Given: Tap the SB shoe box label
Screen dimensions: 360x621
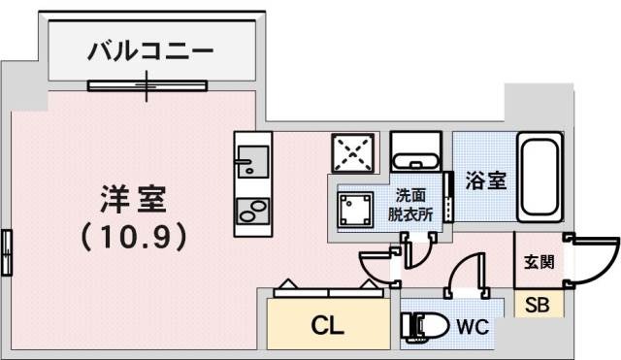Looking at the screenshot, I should (537, 305).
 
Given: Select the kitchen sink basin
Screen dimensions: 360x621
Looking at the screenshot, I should (251, 159).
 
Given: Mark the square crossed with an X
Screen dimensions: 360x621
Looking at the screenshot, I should (352, 152).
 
